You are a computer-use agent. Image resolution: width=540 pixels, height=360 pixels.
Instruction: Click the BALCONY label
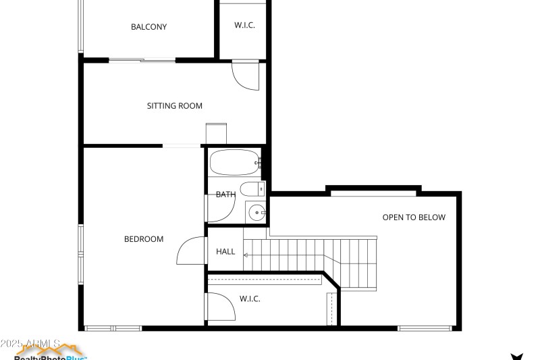pos(148,27)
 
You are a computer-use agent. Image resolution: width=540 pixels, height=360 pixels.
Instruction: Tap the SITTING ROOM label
pos(175,106)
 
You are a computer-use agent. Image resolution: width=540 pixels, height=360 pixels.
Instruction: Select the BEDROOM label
pos(144,239)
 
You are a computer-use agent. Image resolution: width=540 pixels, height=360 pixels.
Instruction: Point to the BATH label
pos(225,195)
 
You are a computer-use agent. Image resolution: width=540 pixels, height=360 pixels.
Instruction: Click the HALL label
pos(225,252)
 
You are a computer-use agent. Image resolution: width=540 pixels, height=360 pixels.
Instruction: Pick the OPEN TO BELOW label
pos(414,217)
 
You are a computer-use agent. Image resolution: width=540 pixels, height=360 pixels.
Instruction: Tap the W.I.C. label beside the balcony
pos(244,25)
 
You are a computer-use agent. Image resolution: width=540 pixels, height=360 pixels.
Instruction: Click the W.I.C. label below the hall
pos(250,299)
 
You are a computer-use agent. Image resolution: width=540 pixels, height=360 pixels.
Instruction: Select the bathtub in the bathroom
pos(234,163)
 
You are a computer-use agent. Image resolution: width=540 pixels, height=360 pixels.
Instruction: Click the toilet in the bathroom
pos(252,189)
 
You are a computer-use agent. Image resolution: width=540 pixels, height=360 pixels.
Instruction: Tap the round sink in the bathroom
pos(256,213)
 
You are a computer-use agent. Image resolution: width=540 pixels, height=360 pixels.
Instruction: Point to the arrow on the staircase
pos(246,255)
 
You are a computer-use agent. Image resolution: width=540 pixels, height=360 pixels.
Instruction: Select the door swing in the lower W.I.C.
pos(220,307)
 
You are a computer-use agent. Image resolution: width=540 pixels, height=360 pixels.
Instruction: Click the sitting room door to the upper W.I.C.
pos(246,76)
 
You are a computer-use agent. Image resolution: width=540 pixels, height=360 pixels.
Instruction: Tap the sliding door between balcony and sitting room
pos(142,61)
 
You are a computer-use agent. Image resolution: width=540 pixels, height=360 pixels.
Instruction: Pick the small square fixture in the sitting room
pos(216,133)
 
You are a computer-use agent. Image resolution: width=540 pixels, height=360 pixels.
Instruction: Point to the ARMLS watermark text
pos(30,344)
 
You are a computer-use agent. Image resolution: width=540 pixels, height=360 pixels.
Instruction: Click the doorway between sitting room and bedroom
pos(182,146)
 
